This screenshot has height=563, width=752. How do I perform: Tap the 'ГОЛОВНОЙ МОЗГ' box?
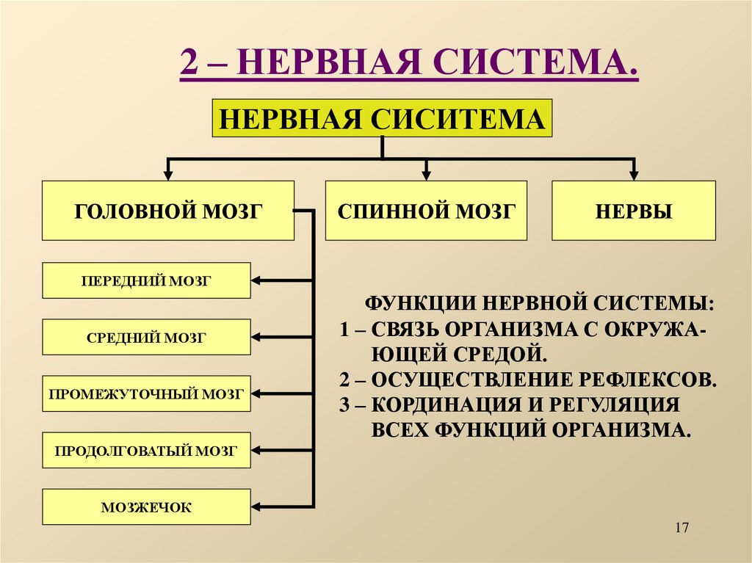click(x=168, y=211)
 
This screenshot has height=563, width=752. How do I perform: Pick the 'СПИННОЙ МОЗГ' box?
click(x=426, y=211)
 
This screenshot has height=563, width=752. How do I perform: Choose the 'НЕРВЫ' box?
click(x=633, y=211)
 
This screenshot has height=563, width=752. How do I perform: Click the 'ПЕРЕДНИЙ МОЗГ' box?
click(x=146, y=280)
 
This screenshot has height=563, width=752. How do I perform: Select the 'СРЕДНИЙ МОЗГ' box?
click(x=146, y=338)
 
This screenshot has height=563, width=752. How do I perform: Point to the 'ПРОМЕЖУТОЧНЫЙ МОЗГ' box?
click(x=146, y=393)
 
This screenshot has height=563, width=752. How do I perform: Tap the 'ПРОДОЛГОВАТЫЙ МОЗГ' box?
click(x=146, y=451)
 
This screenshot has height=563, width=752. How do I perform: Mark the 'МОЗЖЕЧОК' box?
click(x=146, y=506)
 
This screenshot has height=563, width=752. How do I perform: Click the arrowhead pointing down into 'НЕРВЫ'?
click(x=633, y=175)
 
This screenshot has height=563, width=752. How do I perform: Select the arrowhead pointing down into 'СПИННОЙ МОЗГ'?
click(x=426, y=175)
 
